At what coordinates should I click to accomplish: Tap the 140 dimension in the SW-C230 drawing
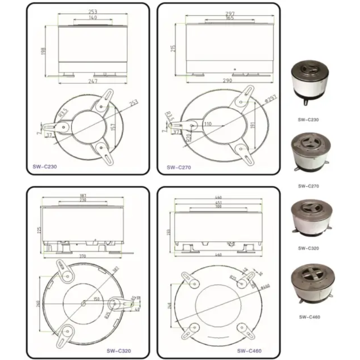click(x=93, y=18)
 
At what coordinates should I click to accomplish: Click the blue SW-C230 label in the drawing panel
click(x=45, y=166)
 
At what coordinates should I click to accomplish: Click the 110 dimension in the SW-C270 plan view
click(x=208, y=123)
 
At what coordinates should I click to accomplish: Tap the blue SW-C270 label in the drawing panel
click(x=179, y=167)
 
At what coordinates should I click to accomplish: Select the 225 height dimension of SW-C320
click(x=39, y=230)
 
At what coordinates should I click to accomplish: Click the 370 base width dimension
click(x=82, y=256)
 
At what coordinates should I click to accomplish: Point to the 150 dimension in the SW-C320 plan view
click(x=96, y=299)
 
